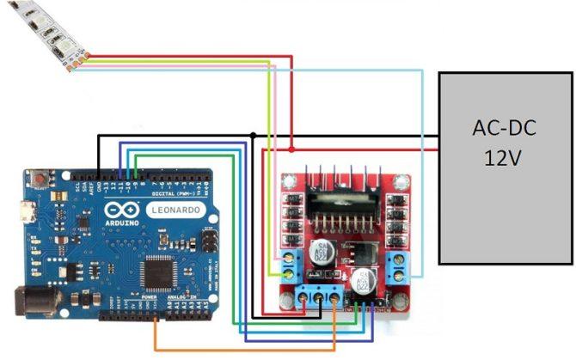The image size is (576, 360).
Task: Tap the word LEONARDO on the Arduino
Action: (164, 210)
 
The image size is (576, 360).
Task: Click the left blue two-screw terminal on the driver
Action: (291, 265)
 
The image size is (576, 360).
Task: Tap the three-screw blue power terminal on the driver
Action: (317, 297)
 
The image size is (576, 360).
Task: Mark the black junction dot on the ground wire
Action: (254, 135)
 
